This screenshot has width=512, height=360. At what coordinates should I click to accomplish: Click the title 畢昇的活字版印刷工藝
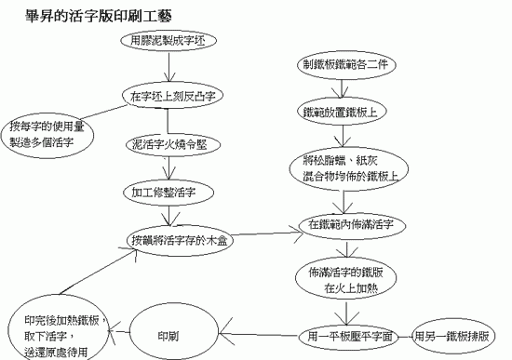(99, 16)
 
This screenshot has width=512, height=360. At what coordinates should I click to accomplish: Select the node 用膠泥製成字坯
(168, 41)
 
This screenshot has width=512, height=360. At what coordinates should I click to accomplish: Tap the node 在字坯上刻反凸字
(173, 96)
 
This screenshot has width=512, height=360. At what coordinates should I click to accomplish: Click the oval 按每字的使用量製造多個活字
(47, 135)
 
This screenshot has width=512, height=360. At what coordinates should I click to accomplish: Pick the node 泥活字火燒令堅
(173, 145)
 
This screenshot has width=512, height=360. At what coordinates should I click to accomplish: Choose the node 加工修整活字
(168, 193)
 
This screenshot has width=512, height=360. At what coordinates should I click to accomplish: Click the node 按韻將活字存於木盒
(180, 241)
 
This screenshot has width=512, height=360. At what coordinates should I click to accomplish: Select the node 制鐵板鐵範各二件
(346, 64)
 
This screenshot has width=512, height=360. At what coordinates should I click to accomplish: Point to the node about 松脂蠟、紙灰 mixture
(348, 168)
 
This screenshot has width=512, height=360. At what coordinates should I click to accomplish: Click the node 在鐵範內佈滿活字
(352, 225)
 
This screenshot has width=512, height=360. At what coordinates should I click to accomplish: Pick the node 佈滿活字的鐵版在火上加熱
(345, 280)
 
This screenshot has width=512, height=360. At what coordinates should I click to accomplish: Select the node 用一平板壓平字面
(350, 336)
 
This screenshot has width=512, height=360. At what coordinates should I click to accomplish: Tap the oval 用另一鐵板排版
(453, 336)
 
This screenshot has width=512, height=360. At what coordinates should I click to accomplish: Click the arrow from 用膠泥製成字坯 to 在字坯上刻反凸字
(168, 67)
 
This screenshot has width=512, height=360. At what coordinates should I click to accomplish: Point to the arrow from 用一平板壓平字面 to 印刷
(260, 335)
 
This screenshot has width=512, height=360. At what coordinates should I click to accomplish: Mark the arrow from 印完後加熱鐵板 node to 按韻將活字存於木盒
(98, 271)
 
